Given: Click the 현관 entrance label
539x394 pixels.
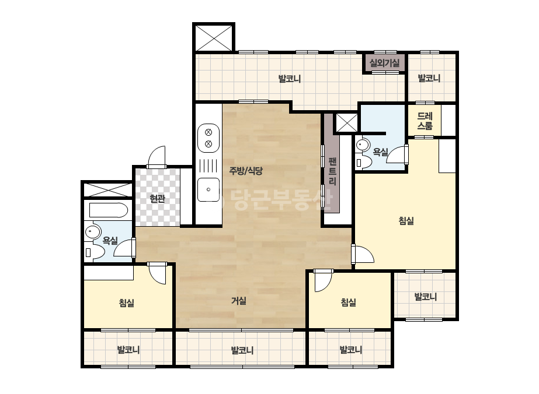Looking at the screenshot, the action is click(x=158, y=198).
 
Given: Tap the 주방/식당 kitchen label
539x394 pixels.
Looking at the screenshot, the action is click(x=246, y=171).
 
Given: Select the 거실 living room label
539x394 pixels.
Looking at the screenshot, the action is click(x=239, y=301).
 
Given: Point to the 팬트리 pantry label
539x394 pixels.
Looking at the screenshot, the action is click(x=332, y=171).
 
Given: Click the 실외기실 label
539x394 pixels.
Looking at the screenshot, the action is click(x=385, y=63).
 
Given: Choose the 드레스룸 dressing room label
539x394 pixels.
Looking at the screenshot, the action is click(x=425, y=121).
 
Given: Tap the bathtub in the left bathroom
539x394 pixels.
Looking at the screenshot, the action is click(x=109, y=210).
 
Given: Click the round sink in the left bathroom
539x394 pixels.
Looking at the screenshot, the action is click(x=92, y=231).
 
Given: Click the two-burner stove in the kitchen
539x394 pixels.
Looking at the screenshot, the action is click(x=208, y=138).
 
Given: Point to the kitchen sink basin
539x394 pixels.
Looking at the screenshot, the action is click(x=208, y=189).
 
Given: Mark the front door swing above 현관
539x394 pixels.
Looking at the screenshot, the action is click(x=157, y=157).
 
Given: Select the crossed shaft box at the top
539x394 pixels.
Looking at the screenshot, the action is click(x=214, y=38).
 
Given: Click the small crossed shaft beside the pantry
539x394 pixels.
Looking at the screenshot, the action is click(x=346, y=123).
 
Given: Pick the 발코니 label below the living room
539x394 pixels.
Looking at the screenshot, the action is click(x=242, y=350).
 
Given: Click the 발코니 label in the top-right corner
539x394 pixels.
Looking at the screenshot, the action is click(x=429, y=78).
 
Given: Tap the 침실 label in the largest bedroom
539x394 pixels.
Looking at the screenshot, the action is click(x=406, y=221).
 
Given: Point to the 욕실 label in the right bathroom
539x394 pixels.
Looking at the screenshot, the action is click(x=381, y=152).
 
